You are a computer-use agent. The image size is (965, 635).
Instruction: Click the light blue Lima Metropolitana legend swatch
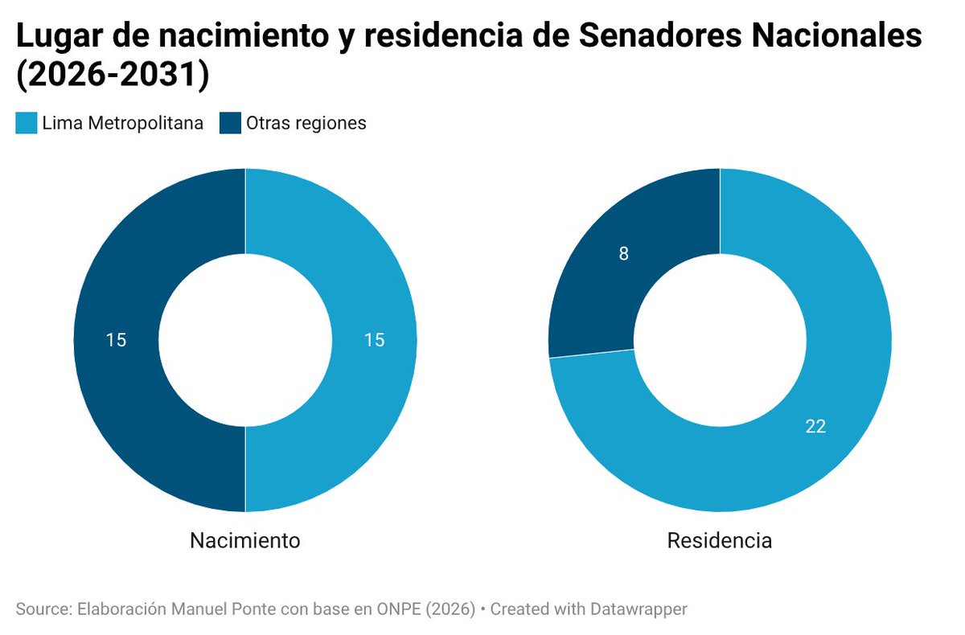(x=26, y=123)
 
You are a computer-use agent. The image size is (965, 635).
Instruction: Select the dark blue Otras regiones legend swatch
(x=230, y=123)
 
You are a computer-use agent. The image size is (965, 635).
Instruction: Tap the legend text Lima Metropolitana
(x=122, y=123)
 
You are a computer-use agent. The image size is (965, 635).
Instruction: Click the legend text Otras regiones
(x=306, y=123)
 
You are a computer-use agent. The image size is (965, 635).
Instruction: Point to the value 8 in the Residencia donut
(x=624, y=254)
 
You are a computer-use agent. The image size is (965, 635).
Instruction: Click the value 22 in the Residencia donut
(x=815, y=427)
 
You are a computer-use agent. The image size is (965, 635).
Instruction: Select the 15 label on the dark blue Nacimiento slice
(x=116, y=340)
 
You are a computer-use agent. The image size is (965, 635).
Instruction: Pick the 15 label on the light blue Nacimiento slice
(x=374, y=340)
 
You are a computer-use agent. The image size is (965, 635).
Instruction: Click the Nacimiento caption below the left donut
(x=245, y=541)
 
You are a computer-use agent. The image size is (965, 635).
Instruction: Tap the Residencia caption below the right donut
(x=720, y=541)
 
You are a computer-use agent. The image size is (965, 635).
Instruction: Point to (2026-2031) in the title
(x=113, y=75)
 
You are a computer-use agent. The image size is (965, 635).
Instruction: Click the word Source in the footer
(x=40, y=609)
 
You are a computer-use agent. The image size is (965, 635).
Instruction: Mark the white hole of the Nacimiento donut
(x=245, y=340)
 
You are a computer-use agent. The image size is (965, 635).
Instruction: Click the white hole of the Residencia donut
(x=720, y=340)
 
